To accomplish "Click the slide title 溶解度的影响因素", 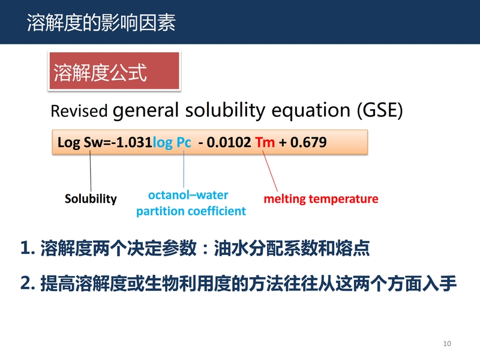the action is click(101, 23).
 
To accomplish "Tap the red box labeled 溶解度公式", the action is click(115, 71).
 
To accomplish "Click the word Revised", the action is click(79, 111).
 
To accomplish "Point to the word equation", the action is click(311, 111).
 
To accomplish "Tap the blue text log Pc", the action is click(172, 143).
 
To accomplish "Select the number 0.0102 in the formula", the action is click(229, 142).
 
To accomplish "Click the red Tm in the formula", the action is click(265, 142).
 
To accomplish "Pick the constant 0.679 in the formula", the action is click(308, 142).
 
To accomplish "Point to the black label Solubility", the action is click(91, 199).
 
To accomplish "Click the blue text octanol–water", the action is click(188, 195).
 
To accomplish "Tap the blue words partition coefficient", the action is click(191, 211).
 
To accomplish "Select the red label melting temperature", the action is click(321, 199).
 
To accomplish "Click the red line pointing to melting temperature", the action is click(270, 171).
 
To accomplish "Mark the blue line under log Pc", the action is click(184, 169).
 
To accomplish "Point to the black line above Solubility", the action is click(91, 171).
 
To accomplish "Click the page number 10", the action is click(447, 343).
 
